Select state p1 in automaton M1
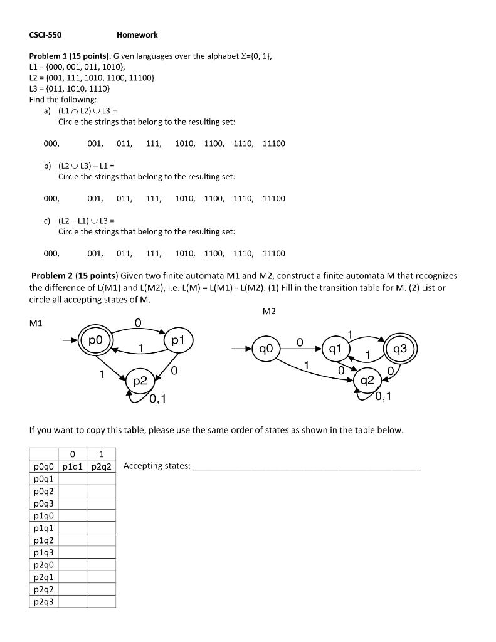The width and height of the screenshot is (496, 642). (177, 340)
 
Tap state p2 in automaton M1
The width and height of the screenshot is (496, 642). (140, 381)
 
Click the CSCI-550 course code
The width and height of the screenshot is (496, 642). (45, 34)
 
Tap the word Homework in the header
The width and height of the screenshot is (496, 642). (137, 34)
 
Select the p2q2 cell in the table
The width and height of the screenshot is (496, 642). (101, 466)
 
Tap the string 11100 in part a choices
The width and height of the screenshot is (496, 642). (273, 144)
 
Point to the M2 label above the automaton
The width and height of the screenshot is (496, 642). (269, 312)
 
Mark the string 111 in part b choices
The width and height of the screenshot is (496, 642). (153, 198)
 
